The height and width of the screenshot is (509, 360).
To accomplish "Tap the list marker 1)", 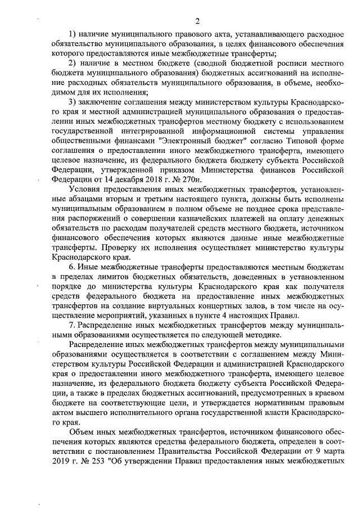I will click(x=73, y=33).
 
